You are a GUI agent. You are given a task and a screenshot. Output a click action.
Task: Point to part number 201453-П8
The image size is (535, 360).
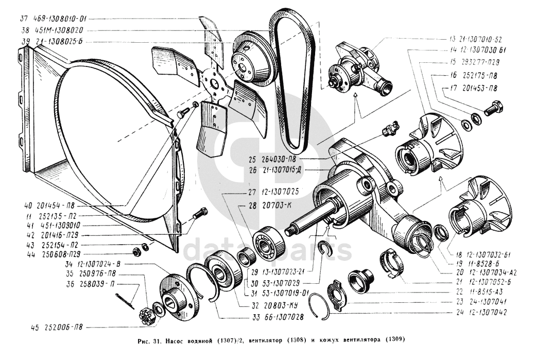[x=475, y=88]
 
